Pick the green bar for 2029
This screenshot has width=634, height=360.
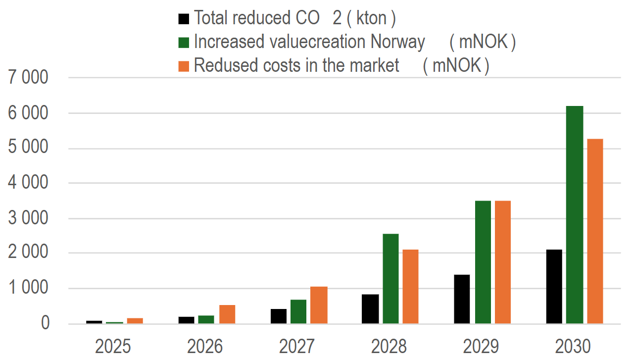click(483, 262)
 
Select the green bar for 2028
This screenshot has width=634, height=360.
click(390, 278)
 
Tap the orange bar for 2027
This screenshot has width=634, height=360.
click(319, 305)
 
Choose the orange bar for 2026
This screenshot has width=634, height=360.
click(227, 314)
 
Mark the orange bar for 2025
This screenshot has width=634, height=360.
click(135, 321)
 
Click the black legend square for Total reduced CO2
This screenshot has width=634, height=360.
click(184, 19)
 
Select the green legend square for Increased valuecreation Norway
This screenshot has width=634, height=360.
click(184, 42)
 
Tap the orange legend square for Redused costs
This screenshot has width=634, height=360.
click(184, 65)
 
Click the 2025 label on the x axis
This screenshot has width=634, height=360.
click(113, 346)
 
